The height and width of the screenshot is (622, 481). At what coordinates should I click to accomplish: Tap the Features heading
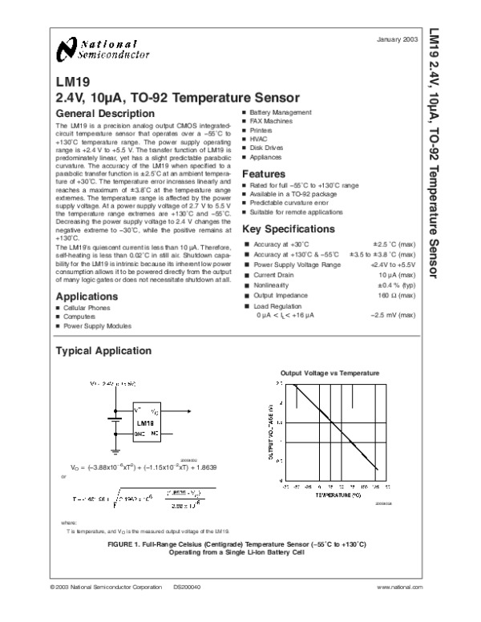[264, 173]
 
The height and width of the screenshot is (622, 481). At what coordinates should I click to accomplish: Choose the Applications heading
[87, 296]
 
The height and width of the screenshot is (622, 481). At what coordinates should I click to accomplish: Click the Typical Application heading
[102, 351]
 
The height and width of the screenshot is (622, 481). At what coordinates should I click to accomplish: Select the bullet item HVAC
[259, 139]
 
